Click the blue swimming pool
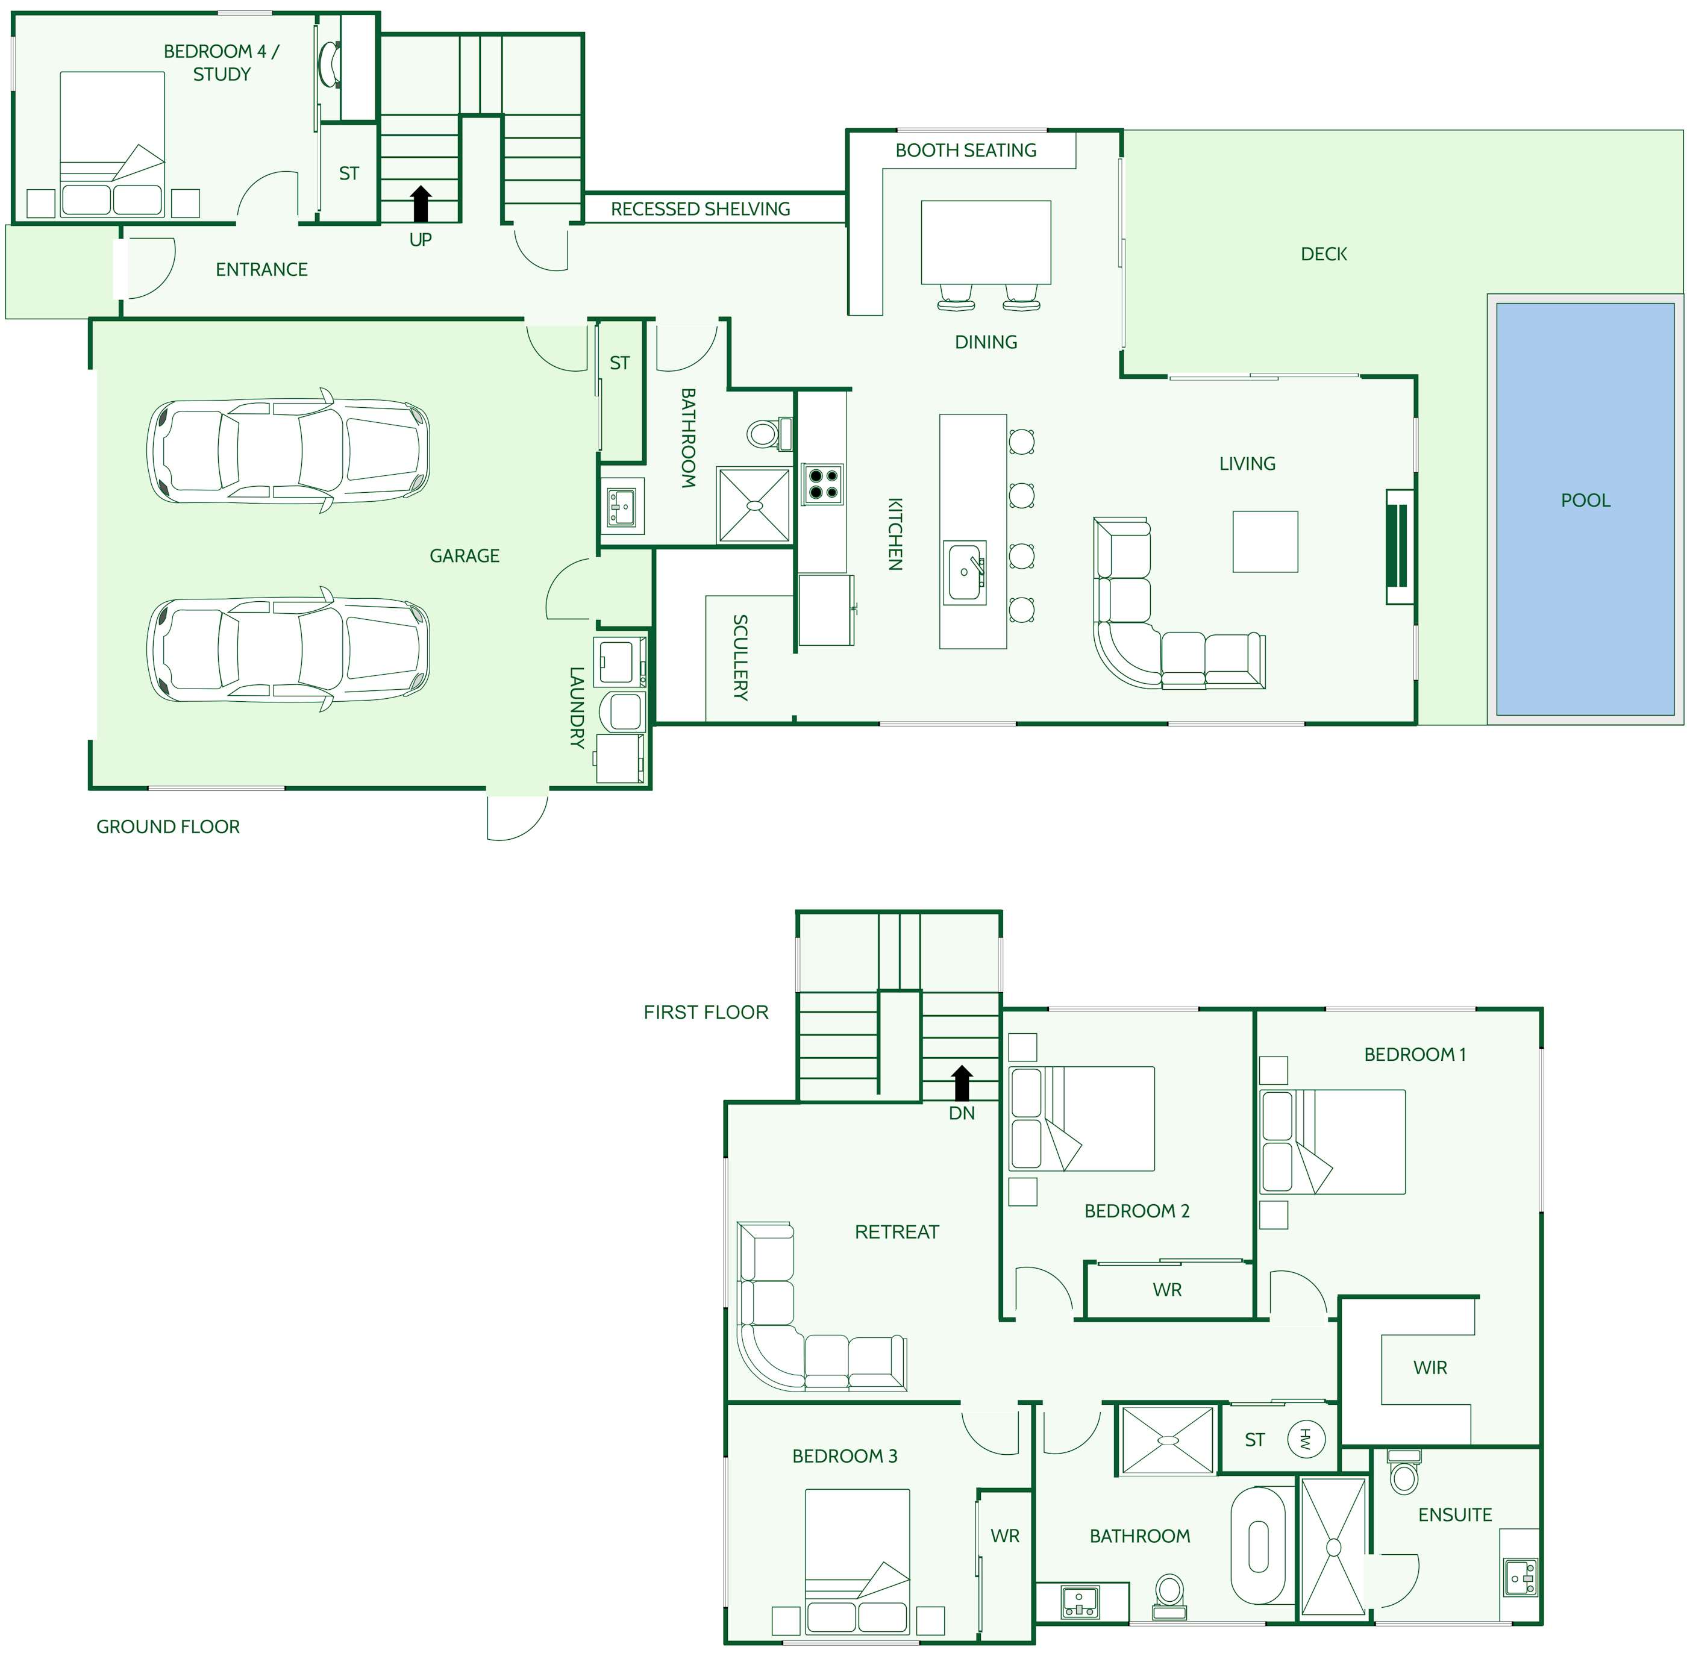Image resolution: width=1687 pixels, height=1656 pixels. [1585, 509]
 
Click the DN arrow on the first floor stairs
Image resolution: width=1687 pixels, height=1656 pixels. [962, 1084]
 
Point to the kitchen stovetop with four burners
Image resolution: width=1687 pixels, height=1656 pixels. [822, 484]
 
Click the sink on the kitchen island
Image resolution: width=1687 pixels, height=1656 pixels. [965, 572]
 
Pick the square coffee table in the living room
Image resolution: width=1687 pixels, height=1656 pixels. [1265, 541]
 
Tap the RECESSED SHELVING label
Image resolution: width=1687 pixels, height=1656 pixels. [700, 209]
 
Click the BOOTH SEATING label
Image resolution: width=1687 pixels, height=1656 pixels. [966, 151]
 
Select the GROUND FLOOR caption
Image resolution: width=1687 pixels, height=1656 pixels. [168, 826]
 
